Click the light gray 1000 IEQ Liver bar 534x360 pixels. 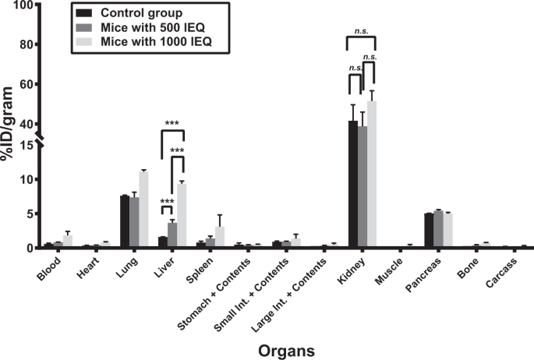point(182,215)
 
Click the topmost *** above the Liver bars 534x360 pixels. point(172,123)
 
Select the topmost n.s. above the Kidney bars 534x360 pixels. point(362,30)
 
